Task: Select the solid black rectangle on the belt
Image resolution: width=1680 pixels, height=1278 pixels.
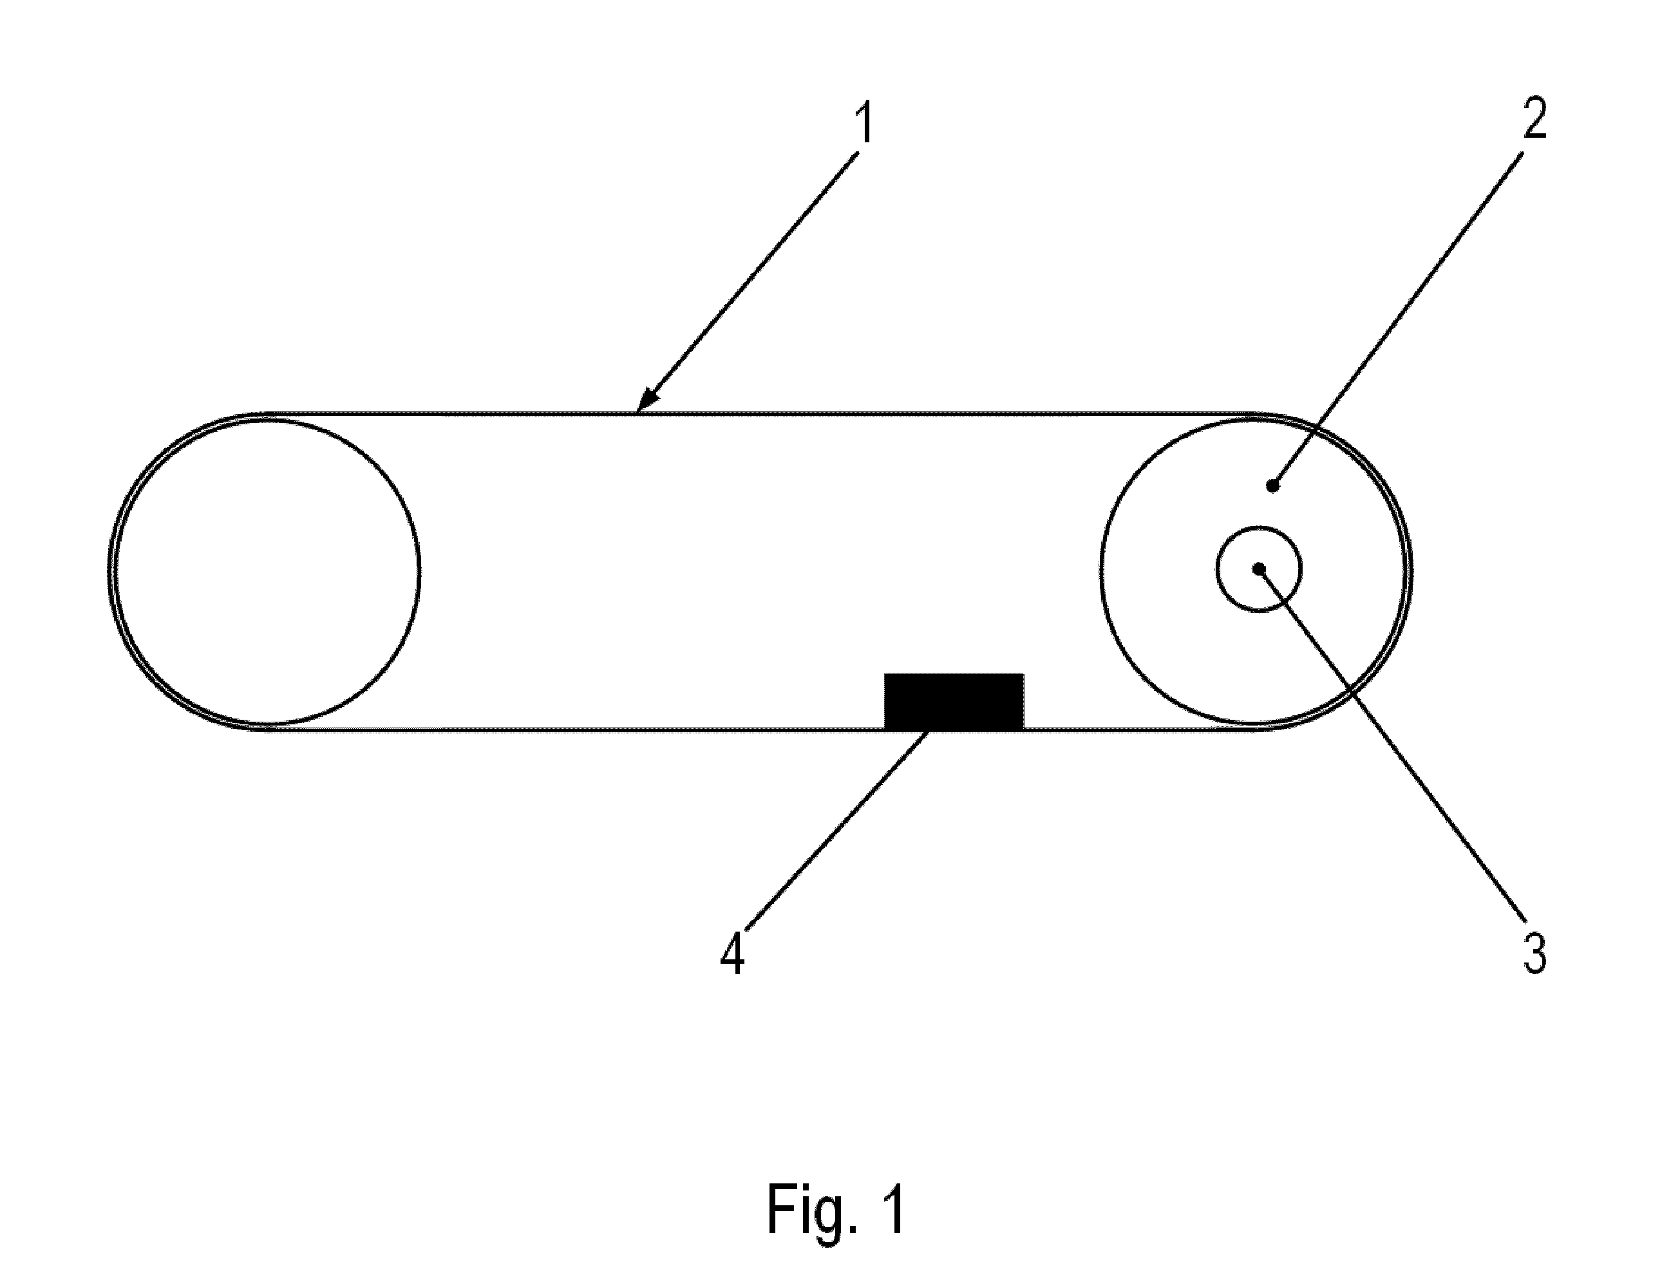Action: coord(954,700)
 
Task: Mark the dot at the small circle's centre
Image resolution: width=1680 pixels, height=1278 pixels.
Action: coord(1260,569)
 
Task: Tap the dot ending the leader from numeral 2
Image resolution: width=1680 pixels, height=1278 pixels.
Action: coord(1272,485)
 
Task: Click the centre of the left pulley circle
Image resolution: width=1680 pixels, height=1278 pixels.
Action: coord(267,570)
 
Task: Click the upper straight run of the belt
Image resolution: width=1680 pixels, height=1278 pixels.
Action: coord(761,415)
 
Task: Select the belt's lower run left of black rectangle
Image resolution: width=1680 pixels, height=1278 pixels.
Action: coord(574,729)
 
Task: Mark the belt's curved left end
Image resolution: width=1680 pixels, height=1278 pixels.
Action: coord(109,570)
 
